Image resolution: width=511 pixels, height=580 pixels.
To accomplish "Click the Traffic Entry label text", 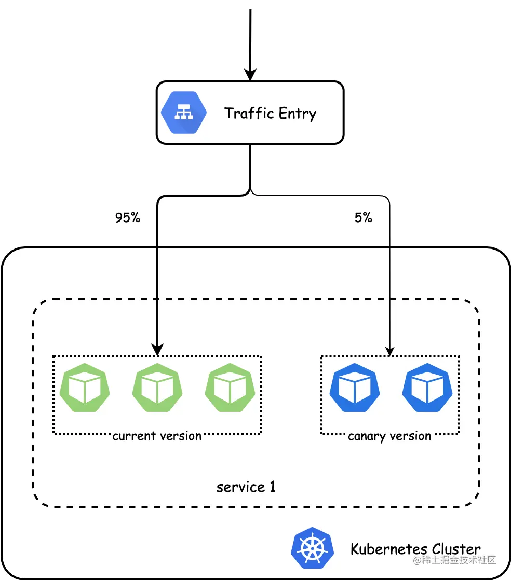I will point(270,113).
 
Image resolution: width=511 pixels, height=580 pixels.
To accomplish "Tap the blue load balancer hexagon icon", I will point(184,113).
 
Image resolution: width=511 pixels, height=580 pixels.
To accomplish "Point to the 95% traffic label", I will point(128,218).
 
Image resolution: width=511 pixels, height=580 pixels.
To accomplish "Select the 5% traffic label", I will point(364,218).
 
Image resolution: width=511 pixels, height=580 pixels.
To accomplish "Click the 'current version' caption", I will point(157,436).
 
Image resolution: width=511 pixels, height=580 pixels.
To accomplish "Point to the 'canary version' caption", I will point(389,436).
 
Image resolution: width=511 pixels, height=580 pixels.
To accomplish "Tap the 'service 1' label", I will point(246,487).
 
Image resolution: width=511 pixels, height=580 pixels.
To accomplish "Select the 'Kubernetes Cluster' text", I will point(415,549).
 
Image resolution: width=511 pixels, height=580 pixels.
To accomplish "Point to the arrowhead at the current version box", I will point(157,351).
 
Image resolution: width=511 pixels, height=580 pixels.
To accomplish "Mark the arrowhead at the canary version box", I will point(389,352).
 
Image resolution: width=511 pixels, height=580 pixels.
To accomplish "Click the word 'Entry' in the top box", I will point(297,114).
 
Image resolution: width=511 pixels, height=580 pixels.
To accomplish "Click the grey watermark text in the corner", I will point(455,560).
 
